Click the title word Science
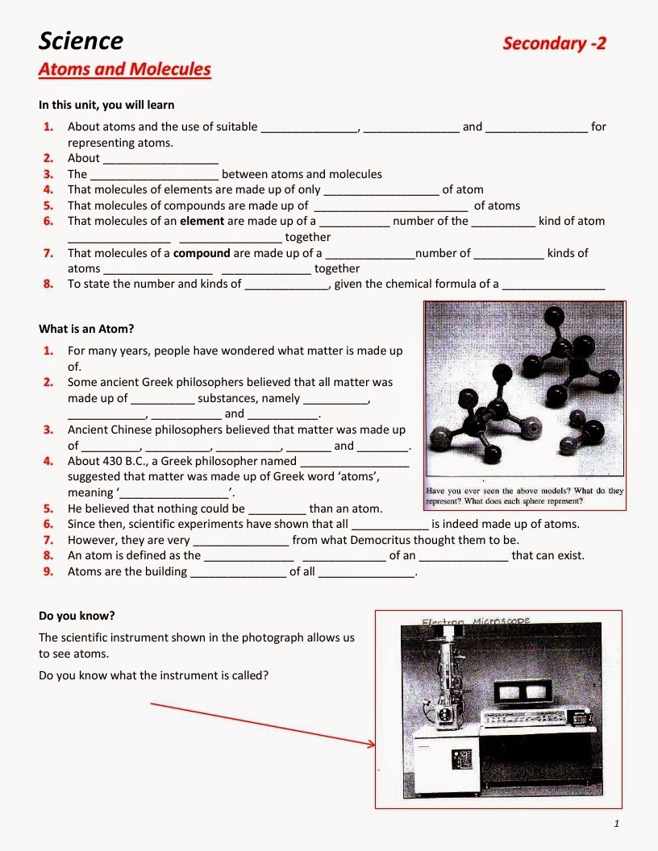point(81,40)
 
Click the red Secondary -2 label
point(554,43)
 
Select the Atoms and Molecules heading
point(124,69)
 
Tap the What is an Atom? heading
point(86,329)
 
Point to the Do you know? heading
point(77,616)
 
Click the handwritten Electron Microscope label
point(476,621)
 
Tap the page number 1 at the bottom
point(616,824)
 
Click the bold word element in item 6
point(202,221)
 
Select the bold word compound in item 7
point(202,253)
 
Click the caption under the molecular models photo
point(524,496)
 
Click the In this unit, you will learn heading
point(106,105)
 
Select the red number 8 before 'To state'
point(48,284)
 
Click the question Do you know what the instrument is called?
point(153,675)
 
